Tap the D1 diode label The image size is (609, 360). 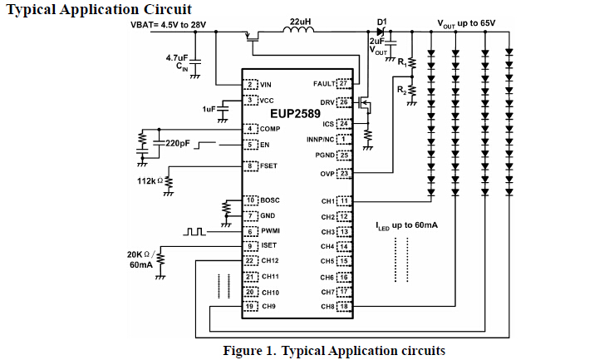click(382, 21)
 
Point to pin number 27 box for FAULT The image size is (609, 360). click(343, 84)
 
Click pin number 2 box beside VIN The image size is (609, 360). click(249, 85)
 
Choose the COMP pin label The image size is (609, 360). click(270, 129)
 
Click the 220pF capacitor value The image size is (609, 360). click(178, 143)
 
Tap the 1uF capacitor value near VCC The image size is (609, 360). click(209, 109)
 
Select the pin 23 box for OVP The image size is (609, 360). click(343, 174)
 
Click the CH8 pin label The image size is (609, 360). click(327, 307)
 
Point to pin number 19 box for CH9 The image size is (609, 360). click(249, 307)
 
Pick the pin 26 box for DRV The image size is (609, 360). click(343, 102)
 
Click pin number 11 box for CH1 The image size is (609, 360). click(343, 201)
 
